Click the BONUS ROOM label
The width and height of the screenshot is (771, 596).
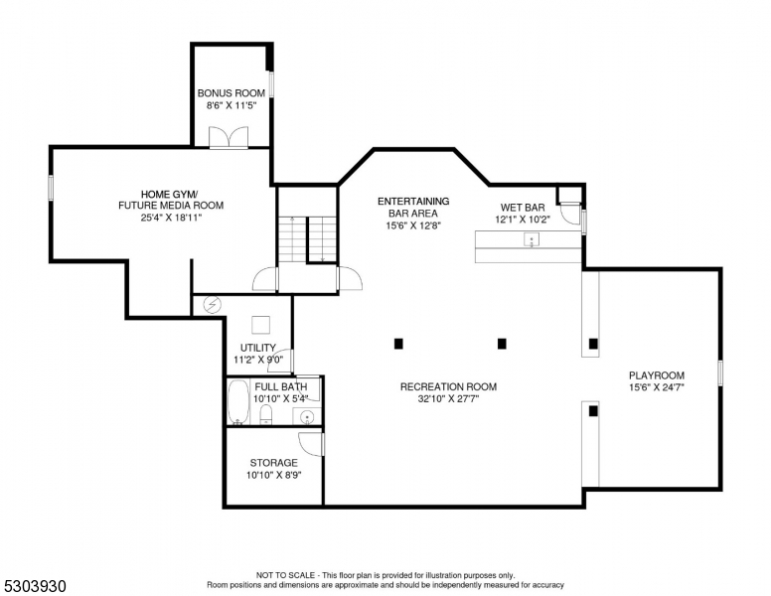pyautogui.click(x=231, y=93)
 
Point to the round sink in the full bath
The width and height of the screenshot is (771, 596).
pyautogui.click(x=307, y=415)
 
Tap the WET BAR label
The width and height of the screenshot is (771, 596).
pyautogui.click(x=522, y=208)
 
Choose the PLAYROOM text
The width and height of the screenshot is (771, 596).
pyautogui.click(x=657, y=375)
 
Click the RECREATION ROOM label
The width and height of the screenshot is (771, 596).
pyautogui.click(x=448, y=386)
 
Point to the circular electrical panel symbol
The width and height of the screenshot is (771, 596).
pyautogui.click(x=211, y=305)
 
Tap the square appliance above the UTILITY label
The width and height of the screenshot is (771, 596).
pyautogui.click(x=260, y=325)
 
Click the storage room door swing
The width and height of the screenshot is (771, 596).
pyautogui.click(x=312, y=444)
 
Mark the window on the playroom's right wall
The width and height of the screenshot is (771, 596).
pyautogui.click(x=720, y=372)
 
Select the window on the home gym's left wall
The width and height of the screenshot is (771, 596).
pyautogui.click(x=51, y=187)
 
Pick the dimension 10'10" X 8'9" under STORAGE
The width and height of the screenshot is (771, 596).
pyautogui.click(x=273, y=475)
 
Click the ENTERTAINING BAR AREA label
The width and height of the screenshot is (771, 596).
pyautogui.click(x=413, y=213)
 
